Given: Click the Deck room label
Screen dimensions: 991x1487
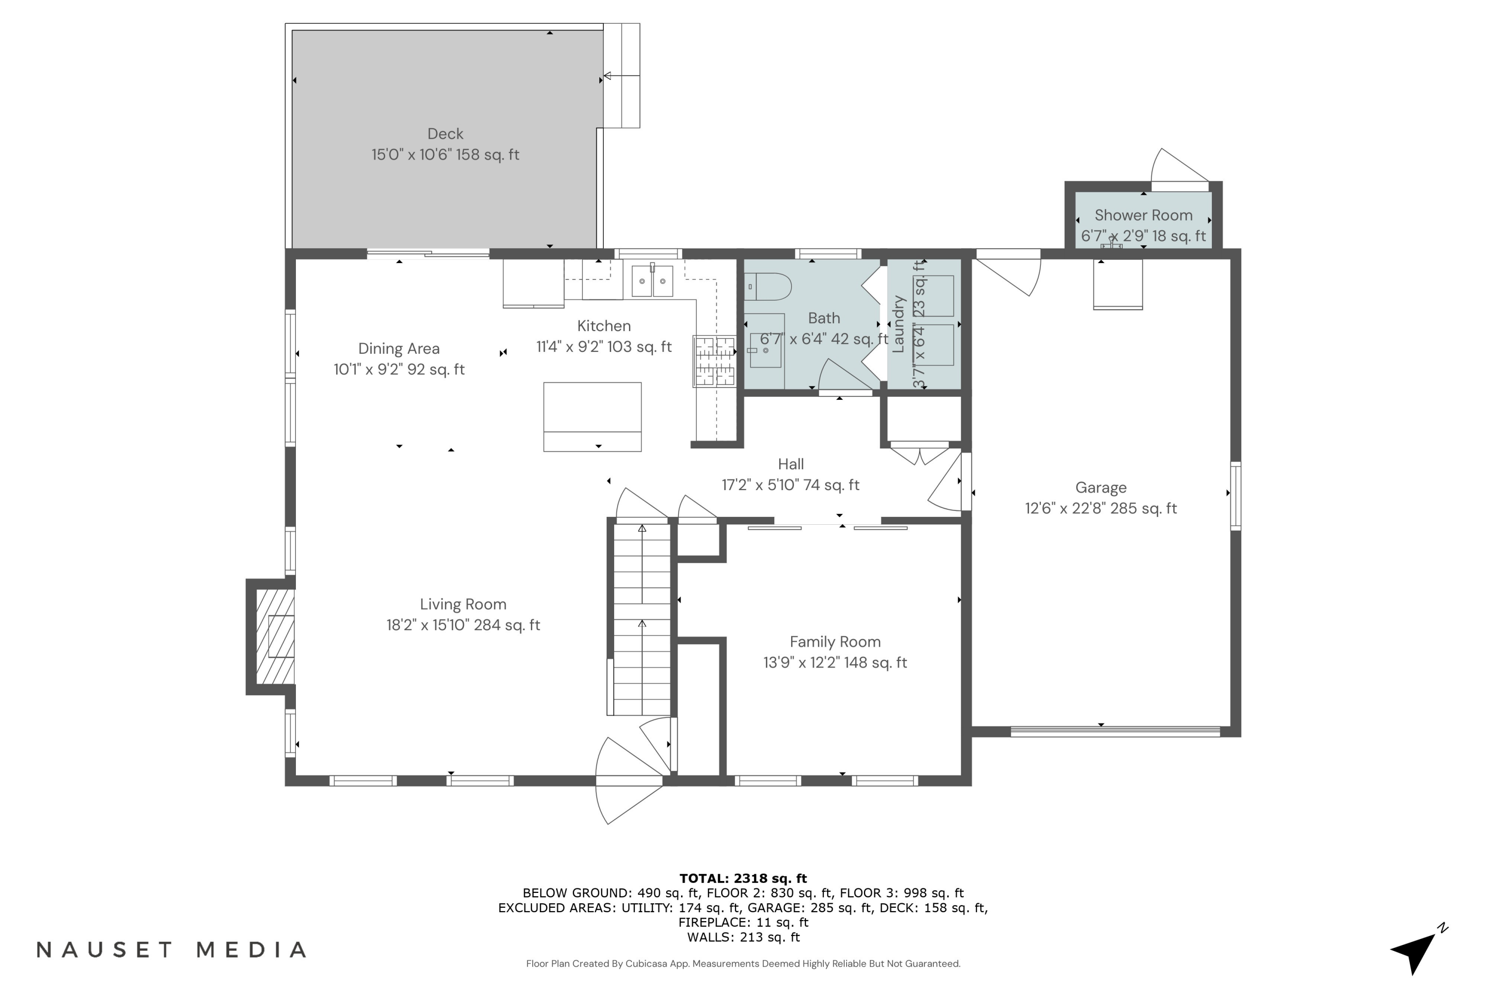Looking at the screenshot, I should click(445, 134).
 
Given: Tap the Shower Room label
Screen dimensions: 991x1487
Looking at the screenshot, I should click(1143, 216).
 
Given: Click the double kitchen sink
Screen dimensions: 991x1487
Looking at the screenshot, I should click(652, 282).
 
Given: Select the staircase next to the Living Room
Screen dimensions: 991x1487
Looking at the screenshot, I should click(642, 619).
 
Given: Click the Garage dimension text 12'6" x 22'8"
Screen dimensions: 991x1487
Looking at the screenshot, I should click(1101, 509).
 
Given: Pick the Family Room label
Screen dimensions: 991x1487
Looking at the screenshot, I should click(835, 642).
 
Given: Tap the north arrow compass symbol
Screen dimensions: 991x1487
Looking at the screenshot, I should click(1416, 951).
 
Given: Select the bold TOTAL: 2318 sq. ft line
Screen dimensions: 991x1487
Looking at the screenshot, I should click(743, 879).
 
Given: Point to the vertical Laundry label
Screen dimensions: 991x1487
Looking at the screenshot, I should click(898, 324).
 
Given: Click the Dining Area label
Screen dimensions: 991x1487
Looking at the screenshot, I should click(399, 349).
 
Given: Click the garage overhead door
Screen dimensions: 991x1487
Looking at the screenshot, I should click(1115, 732).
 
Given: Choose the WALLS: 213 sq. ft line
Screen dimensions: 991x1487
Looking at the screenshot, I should click(743, 937).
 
